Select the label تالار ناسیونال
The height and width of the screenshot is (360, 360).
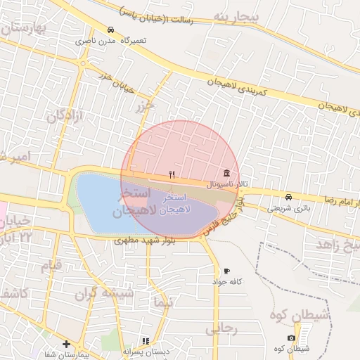tap(228, 184)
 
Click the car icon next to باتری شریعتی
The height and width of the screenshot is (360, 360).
tap(289, 197)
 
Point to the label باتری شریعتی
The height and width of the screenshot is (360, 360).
tap(288, 208)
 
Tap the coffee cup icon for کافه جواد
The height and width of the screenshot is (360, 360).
tap(226, 271)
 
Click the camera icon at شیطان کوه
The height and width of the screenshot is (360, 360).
tap(292, 338)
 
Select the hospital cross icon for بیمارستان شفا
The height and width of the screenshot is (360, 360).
tap(66, 345)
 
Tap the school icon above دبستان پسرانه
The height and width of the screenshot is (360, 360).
tap(146, 341)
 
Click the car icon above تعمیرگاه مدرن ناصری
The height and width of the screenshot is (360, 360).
tap(111, 30)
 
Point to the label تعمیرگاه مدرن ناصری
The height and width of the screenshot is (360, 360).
tap(112, 41)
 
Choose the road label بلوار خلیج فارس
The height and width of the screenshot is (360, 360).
tap(224, 219)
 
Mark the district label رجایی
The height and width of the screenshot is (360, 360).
tap(223, 328)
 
